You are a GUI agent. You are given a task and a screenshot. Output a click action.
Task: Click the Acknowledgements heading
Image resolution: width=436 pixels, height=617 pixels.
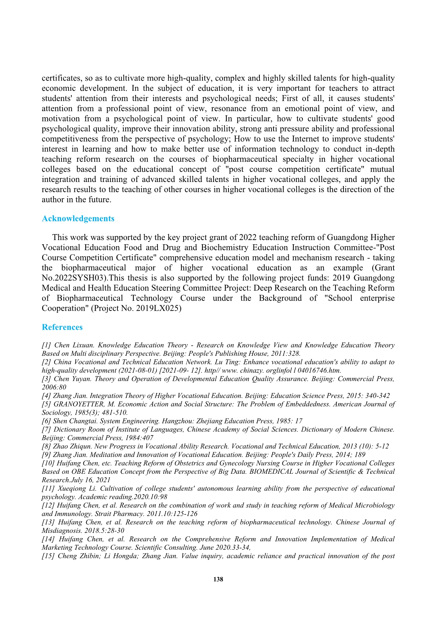tap(78, 219)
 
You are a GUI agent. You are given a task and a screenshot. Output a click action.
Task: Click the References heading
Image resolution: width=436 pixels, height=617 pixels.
tap(62, 327)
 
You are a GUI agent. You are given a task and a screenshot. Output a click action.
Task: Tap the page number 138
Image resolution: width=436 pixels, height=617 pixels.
tap(218, 579)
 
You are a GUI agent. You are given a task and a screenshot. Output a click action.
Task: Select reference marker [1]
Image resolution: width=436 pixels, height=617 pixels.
tap(46, 345)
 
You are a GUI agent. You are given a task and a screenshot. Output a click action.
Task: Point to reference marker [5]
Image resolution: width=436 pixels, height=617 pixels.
tap(46, 404)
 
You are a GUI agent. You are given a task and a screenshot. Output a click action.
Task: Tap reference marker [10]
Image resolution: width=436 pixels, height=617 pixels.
tap(48, 463)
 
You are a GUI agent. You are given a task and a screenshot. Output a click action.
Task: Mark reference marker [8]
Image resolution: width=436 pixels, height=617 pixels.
tap(46, 446)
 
